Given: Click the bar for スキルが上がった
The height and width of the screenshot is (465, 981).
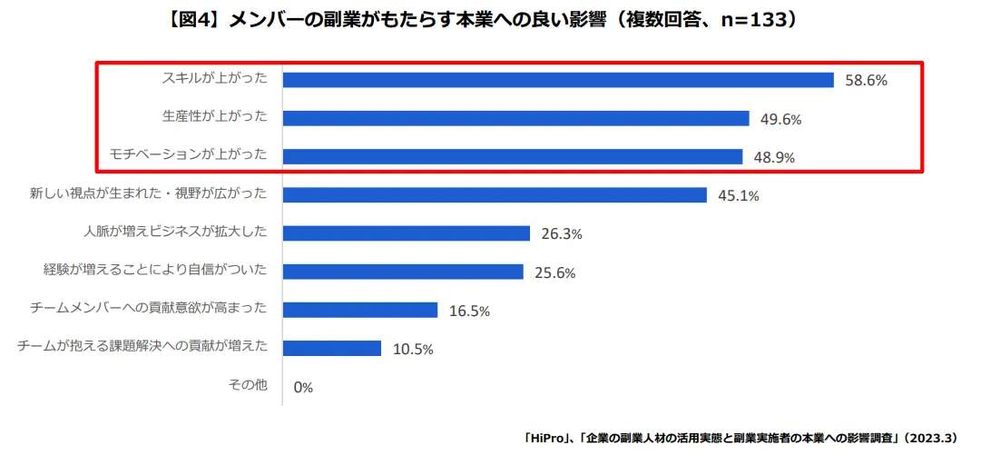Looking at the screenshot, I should [x=558, y=80].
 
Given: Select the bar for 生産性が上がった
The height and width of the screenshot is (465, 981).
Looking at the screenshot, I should [x=515, y=118].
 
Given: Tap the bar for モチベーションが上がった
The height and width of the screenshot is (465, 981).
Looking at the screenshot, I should [x=513, y=156].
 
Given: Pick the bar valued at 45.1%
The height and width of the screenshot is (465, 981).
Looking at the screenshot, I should [x=495, y=194].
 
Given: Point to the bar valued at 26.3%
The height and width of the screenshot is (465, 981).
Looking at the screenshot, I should [x=407, y=233].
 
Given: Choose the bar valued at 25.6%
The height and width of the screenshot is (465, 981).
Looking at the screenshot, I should [x=403, y=272].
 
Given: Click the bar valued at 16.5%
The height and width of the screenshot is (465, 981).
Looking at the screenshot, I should [x=360, y=310].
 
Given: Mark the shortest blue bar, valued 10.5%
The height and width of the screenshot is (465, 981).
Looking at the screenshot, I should [x=332, y=348].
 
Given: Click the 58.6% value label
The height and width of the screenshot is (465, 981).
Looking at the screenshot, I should [x=866, y=80].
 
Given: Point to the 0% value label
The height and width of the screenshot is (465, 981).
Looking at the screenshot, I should [x=303, y=387].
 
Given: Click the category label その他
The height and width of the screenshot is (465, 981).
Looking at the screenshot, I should [x=247, y=385].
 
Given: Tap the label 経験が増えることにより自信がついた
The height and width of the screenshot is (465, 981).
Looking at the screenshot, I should [x=155, y=270].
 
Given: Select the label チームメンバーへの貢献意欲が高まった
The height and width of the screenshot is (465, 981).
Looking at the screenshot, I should [x=149, y=308].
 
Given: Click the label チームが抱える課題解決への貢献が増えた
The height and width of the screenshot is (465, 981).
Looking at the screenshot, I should [x=142, y=346].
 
